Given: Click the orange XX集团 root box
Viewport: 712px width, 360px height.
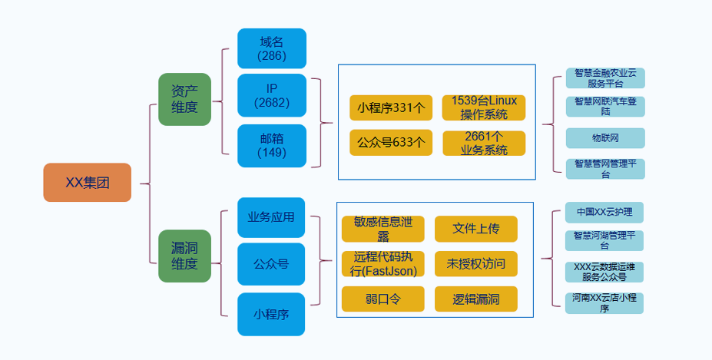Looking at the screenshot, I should pos(87,183).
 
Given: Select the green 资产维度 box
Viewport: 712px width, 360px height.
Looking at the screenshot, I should pos(184,99).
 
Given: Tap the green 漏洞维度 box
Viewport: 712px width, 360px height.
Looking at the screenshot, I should pos(184,256).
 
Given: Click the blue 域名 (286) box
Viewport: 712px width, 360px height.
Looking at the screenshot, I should pos(272,49).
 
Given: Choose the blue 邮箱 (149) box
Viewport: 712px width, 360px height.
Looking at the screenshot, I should pos(272,145).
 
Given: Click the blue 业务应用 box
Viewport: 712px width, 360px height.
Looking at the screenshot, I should pos(271,217).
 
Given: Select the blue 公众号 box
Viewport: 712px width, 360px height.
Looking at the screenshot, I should pos(271,264).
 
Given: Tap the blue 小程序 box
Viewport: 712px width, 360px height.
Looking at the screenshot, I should pos(271,314).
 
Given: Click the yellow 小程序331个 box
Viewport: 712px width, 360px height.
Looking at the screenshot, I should pos(390,108).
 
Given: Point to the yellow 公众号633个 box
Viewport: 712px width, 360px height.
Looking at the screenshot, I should pos(390,143).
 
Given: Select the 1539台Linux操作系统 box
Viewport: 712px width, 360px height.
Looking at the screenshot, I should pos(484,108).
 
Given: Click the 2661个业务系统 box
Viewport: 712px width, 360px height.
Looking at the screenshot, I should pos(484,144).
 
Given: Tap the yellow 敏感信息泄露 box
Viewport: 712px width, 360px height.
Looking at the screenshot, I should pos(382,229).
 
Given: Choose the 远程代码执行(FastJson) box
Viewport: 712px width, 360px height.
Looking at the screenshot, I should pos(382,264).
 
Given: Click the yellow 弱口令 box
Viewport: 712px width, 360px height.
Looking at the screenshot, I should pos(382,299).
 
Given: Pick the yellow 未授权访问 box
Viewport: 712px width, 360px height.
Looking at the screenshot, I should pos(476,264).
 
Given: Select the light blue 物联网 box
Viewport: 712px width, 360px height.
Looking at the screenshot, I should pos(605,138).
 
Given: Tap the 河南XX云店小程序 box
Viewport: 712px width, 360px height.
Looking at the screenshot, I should pos(604,302).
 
